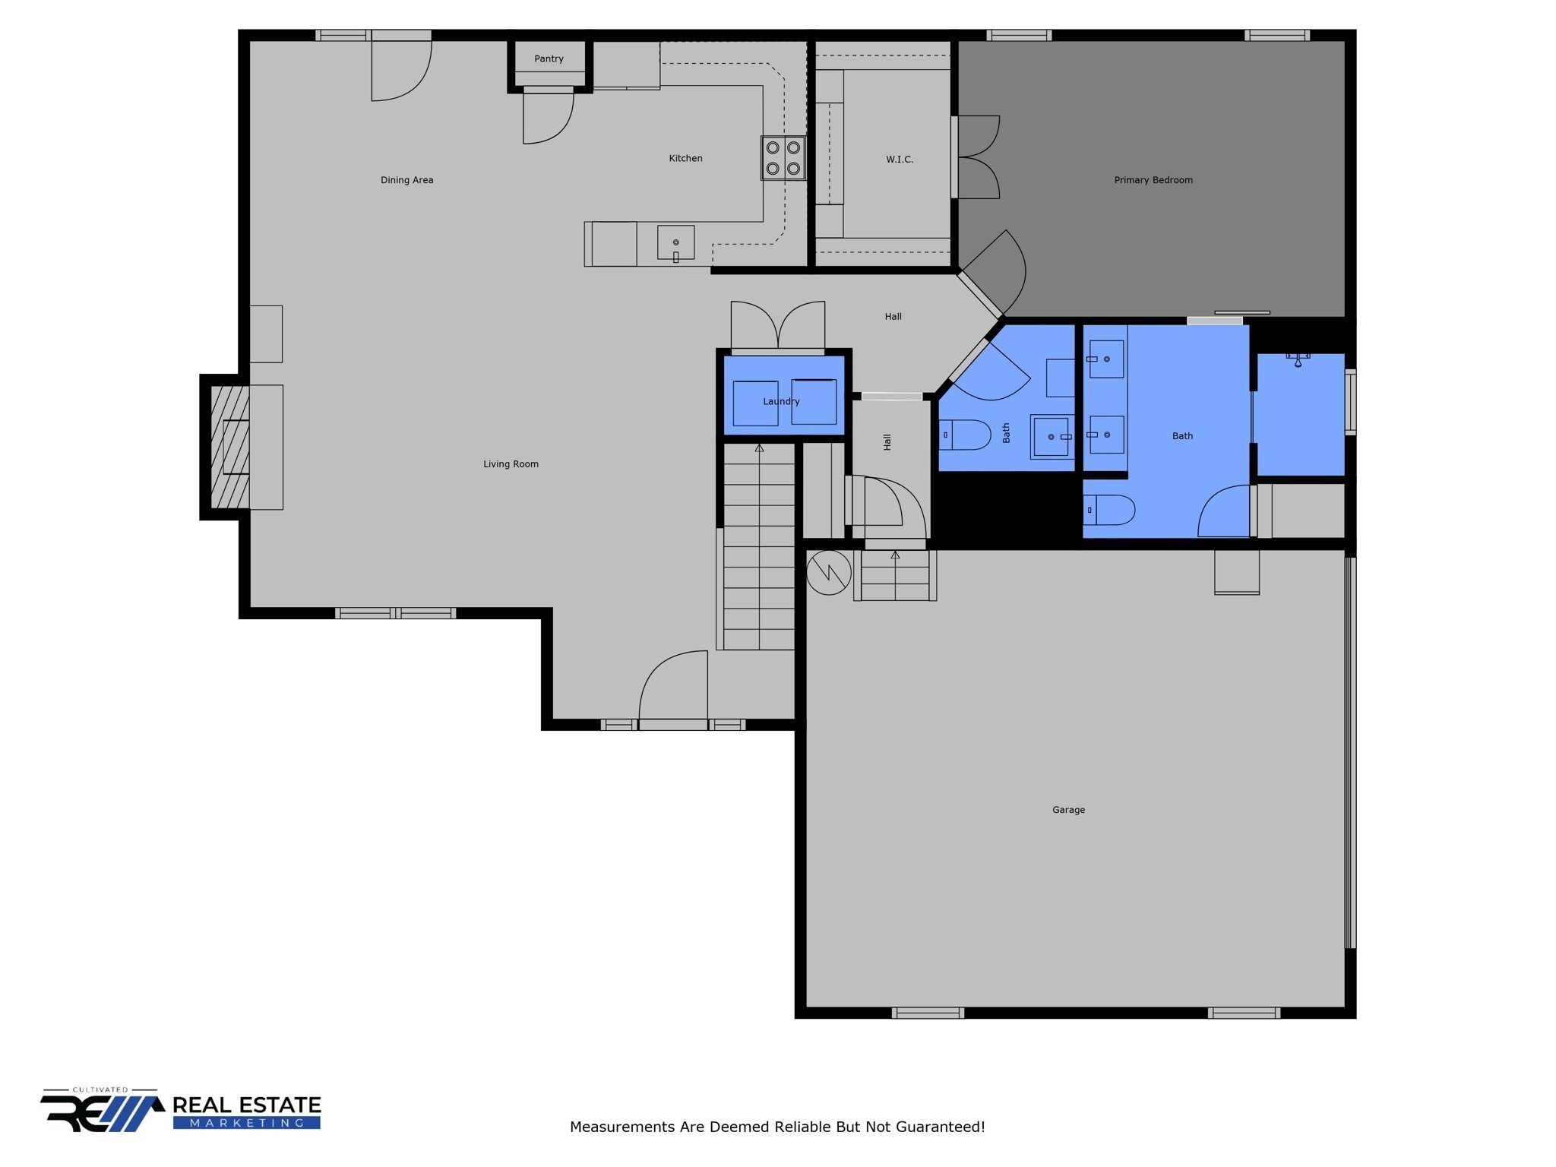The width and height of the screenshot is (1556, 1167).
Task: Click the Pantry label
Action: coord(549,59)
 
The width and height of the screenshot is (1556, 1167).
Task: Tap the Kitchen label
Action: coord(685,158)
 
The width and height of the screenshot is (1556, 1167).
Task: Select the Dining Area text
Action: coord(406,180)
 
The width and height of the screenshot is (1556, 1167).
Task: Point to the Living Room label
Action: coord(511,464)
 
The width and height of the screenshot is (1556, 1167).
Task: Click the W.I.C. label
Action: coord(900,160)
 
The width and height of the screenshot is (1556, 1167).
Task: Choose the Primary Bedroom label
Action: coord(1153,180)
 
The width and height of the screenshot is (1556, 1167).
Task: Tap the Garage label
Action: coord(1068,810)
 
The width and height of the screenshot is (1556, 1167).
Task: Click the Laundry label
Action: coord(781,401)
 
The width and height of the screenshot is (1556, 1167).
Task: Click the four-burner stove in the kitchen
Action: coord(783,158)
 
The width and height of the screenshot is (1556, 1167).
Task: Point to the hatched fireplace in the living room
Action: coord(230,447)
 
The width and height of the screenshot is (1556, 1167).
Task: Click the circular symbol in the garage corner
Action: coord(828,572)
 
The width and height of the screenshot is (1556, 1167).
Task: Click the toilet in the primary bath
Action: coord(1108,510)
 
